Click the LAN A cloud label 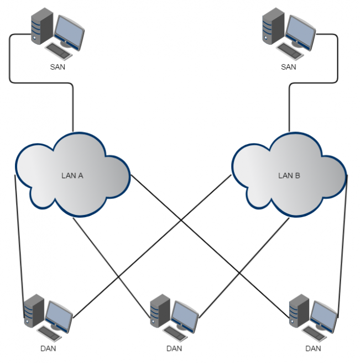(72, 176)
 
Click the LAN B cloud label (289, 176)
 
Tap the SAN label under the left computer (57, 67)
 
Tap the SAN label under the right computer (289, 67)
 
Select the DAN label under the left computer (48, 349)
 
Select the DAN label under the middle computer (174, 349)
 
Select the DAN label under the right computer (313, 349)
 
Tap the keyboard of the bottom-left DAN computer (50, 333)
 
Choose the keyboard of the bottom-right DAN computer (315, 333)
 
